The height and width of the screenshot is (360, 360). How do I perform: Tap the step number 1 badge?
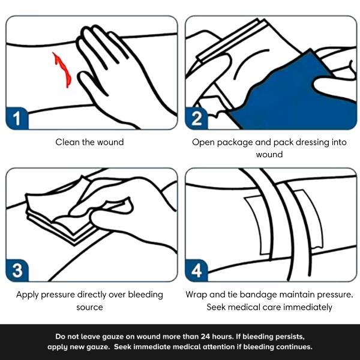pyautogui.click(x=17, y=118)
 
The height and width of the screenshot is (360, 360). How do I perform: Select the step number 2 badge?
pyautogui.click(x=197, y=118)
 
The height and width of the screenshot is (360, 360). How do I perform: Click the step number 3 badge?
pyautogui.click(x=17, y=271)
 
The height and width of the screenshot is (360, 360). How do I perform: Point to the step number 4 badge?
pyautogui.click(x=197, y=271)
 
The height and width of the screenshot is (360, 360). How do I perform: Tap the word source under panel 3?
pyautogui.click(x=89, y=307)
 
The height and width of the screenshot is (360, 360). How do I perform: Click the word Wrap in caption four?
pyautogui.click(x=196, y=295)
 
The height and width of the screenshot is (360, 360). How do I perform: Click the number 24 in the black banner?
pyautogui.click(x=205, y=337)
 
